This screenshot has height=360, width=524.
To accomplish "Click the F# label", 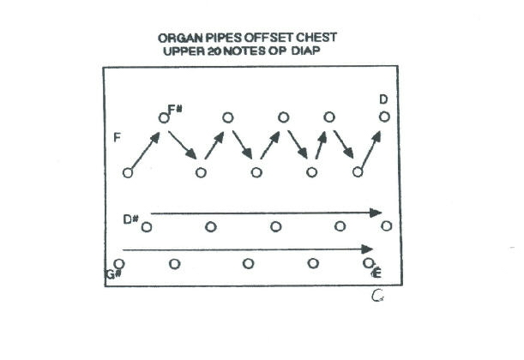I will (x=175, y=108).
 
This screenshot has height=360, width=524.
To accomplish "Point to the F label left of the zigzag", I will (x=116, y=137).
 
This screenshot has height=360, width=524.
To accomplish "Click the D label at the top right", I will (x=383, y=100).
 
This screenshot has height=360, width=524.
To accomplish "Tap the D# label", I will (x=130, y=219).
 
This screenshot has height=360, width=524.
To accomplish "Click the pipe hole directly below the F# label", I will (x=164, y=117).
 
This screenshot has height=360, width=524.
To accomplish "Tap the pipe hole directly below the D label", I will (x=385, y=117).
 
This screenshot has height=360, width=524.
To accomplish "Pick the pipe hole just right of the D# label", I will (x=147, y=227).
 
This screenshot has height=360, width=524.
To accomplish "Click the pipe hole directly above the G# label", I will (x=119, y=263).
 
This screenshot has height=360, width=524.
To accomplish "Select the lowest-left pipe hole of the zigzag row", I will (x=128, y=172).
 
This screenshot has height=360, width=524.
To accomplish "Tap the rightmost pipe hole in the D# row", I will (x=386, y=225).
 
